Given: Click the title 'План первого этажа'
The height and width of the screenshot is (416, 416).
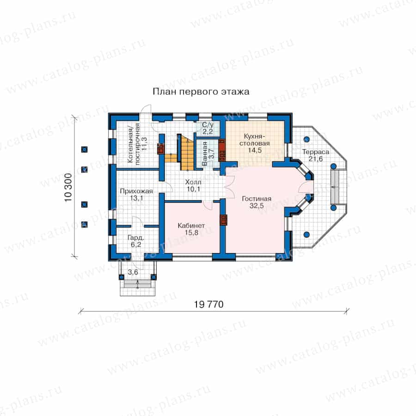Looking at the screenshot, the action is pyautogui.click(x=201, y=92).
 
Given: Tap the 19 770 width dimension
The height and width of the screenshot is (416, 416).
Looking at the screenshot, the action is pyautogui.click(x=208, y=304).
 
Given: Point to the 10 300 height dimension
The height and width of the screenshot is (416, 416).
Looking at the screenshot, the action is pyautogui.click(x=68, y=187).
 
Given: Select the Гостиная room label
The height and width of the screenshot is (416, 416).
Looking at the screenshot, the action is pyautogui.click(x=257, y=199).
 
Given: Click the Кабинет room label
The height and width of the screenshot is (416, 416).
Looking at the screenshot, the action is pyautogui.click(x=191, y=226).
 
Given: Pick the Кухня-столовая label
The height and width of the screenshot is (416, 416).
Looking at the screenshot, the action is pyautogui.click(x=254, y=140).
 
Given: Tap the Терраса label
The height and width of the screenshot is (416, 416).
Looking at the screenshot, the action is pyautogui.click(x=316, y=152).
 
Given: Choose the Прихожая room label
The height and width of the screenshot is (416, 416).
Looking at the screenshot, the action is pyautogui.click(x=136, y=191).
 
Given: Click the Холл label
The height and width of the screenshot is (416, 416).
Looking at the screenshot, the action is pyautogui.click(x=193, y=182).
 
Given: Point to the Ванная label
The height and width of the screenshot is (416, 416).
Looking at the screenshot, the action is pyautogui.click(x=205, y=153).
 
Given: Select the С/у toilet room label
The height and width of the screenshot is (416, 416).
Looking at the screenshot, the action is pyautogui.click(x=208, y=125).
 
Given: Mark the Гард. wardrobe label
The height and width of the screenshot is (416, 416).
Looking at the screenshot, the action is pyautogui.click(x=135, y=238).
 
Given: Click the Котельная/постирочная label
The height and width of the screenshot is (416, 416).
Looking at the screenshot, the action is pyautogui.click(x=134, y=144).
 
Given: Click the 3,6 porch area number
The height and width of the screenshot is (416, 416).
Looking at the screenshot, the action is pyautogui.click(x=133, y=272).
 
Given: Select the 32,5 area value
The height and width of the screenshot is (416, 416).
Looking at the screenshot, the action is pyautogui.click(x=257, y=206).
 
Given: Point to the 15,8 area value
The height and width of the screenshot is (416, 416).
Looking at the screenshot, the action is pyautogui.click(x=191, y=232).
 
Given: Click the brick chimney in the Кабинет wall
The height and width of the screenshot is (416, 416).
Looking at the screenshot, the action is pyautogui.click(x=224, y=220).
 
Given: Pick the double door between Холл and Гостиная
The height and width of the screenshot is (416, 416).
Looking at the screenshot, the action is pyautogui.click(x=230, y=187).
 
